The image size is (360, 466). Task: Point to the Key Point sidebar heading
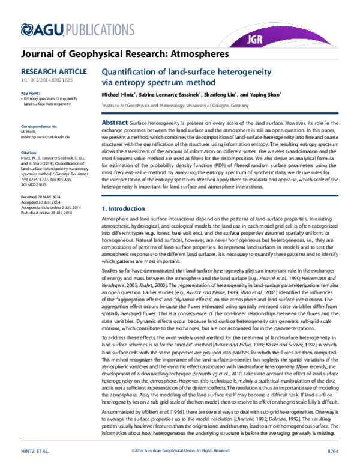tap(32, 94)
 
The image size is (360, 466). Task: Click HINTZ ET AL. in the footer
tap(35, 450)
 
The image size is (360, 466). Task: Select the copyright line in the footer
tap(180, 450)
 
